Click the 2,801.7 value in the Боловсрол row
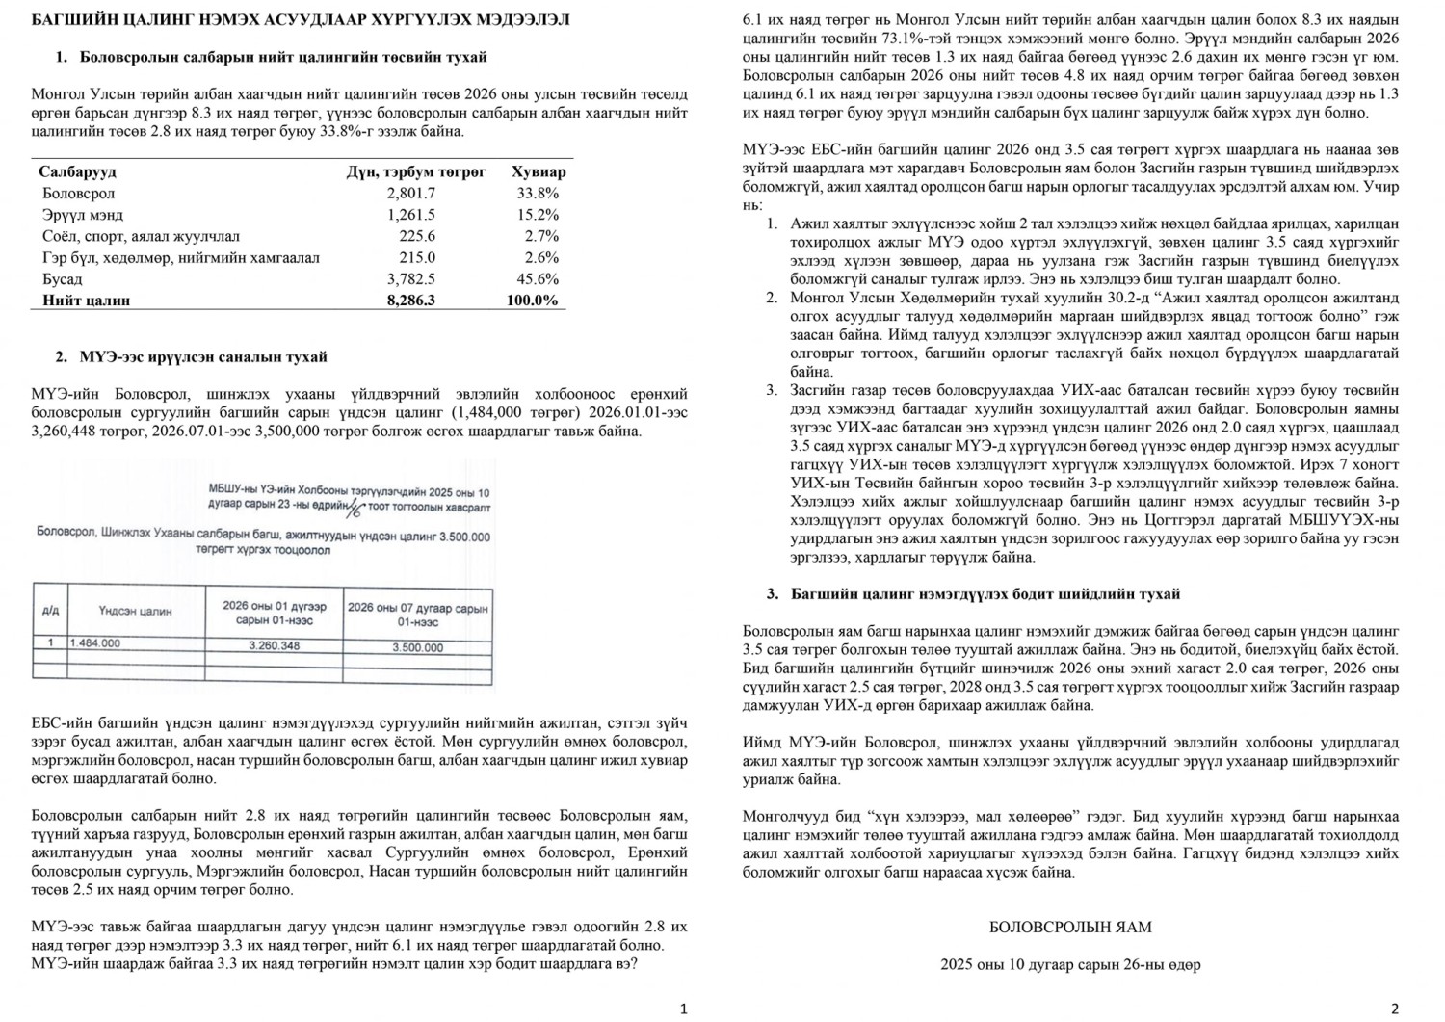tap(411, 194)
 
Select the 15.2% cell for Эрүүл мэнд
tap(538, 215)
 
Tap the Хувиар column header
tap(539, 172)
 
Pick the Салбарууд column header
tap(77, 172)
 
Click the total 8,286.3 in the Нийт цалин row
tap(411, 301)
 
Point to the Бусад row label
tap(63, 279)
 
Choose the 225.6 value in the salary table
tap(417, 236)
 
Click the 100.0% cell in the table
tap(532, 301)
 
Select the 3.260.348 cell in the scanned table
tap(274, 646)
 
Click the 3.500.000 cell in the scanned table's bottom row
tap(417, 648)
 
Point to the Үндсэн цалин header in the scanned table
tap(135, 611)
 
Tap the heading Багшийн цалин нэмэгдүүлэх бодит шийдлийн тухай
tap(985, 594)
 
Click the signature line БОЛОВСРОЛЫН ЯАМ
tap(1070, 928)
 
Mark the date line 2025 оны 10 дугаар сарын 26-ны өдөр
tap(1070, 964)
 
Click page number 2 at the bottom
tap(1394, 1009)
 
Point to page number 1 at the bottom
tap(683, 1009)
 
